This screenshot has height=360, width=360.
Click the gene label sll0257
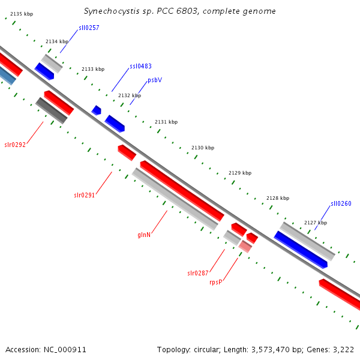click(x=89, y=28)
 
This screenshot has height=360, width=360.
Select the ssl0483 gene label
click(x=140, y=66)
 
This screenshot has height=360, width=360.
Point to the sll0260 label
click(x=341, y=204)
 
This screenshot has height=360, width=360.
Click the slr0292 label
click(x=15, y=145)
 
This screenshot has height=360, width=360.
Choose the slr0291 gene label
click(x=85, y=195)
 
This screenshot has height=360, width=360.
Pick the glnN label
click(x=144, y=235)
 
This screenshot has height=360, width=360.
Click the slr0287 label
click(x=198, y=274)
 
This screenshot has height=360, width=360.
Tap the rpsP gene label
click(x=216, y=282)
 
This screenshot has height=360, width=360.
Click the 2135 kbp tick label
click(x=22, y=13)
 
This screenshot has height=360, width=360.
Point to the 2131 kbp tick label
click(x=166, y=122)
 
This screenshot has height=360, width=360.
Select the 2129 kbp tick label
click(x=240, y=173)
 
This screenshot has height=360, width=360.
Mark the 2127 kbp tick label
click(x=316, y=223)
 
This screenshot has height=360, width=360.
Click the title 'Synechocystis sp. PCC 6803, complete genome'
click(x=180, y=11)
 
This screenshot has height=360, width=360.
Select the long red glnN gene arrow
click(x=182, y=190)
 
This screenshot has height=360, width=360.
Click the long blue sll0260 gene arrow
click(x=301, y=250)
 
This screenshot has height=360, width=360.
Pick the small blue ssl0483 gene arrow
click(x=96, y=110)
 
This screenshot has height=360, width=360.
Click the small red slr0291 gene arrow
click(x=127, y=152)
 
